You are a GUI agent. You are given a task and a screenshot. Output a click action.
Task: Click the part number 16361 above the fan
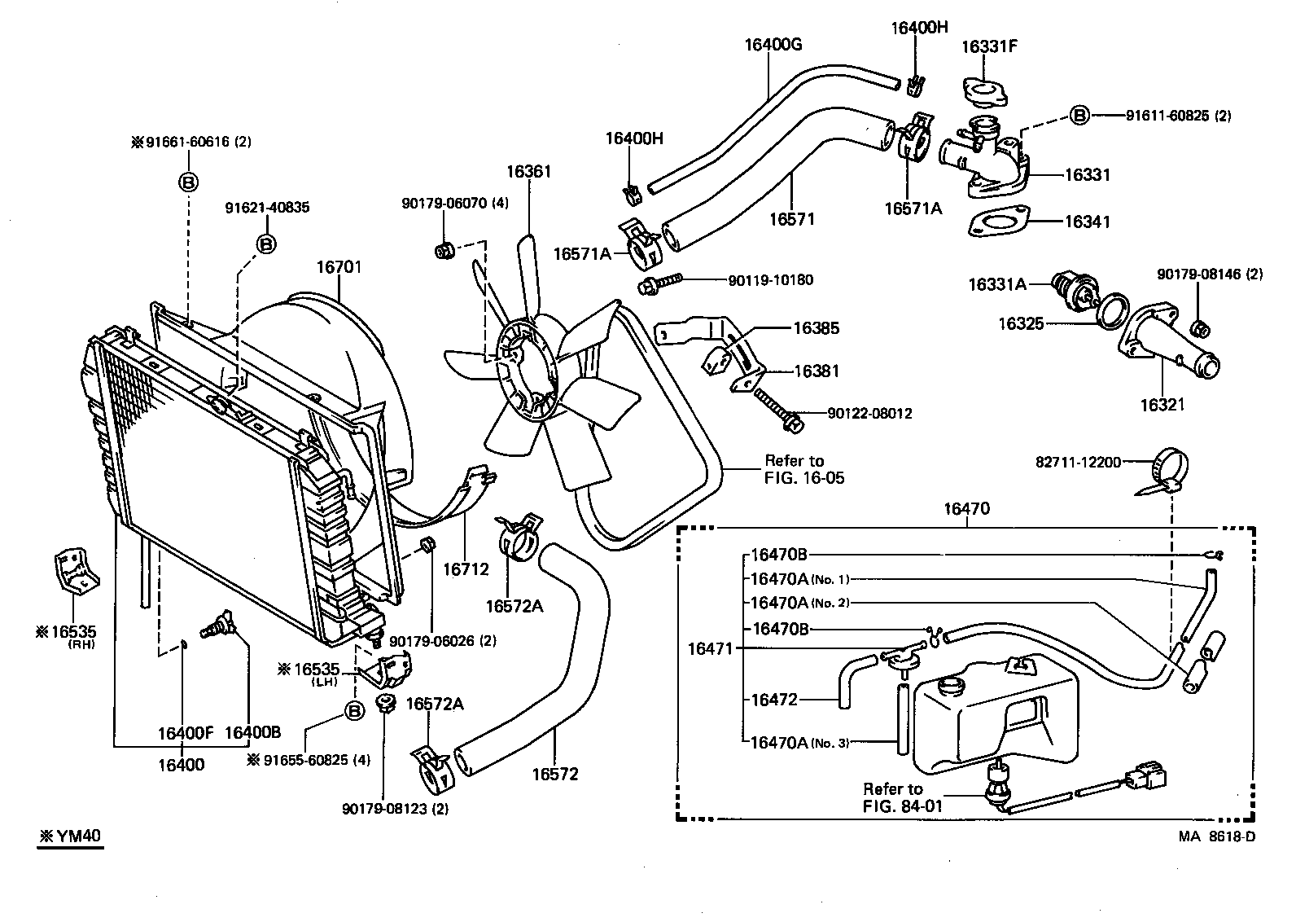pyautogui.click(x=529, y=172)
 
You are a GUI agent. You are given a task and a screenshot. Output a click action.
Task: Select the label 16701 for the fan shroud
pyautogui.click(x=339, y=267)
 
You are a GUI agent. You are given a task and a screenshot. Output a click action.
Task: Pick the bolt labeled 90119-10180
pyautogui.click(x=660, y=283)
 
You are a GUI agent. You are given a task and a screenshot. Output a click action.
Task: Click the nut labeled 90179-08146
pyautogui.click(x=1201, y=329)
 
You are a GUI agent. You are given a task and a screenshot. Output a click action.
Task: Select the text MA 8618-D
pyautogui.click(x=1217, y=836)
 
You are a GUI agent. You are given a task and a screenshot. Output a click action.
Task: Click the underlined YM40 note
pyautogui.click(x=71, y=836)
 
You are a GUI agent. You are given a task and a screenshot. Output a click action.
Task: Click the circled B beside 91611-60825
pyautogui.click(x=1079, y=116)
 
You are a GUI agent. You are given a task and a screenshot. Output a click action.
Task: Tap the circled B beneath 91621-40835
pyautogui.click(x=266, y=244)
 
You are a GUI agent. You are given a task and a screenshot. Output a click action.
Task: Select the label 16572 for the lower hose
pyautogui.click(x=555, y=775)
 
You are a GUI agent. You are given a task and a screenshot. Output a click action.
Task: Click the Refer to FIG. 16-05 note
pyautogui.click(x=804, y=469)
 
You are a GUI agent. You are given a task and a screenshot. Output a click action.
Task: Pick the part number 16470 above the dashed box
pyautogui.click(x=967, y=509)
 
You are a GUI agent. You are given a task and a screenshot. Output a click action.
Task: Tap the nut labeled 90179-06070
pyautogui.click(x=444, y=251)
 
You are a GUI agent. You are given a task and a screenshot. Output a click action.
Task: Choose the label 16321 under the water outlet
pyautogui.click(x=1162, y=405)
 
